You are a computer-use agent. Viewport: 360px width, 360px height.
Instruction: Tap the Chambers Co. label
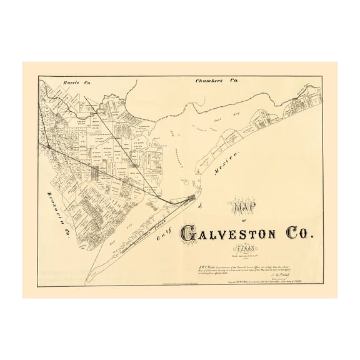point(217,81)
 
